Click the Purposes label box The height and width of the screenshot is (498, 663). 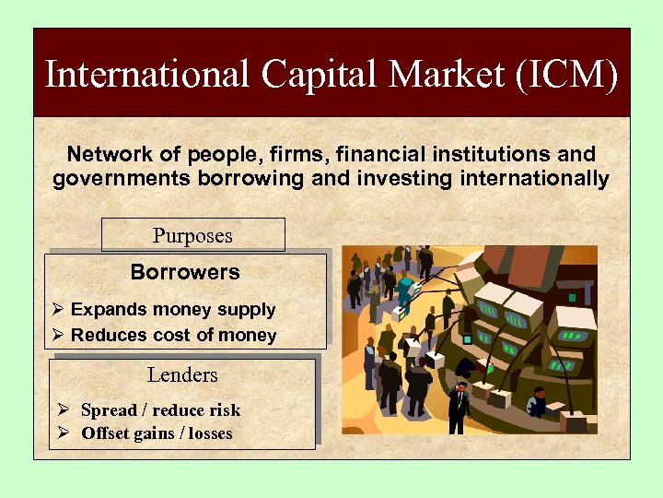(192, 235)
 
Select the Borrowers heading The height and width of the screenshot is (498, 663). (185, 272)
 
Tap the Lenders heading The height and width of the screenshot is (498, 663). (182, 374)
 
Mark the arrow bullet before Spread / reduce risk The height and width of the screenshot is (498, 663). (63, 410)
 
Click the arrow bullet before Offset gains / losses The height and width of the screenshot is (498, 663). (63, 433)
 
